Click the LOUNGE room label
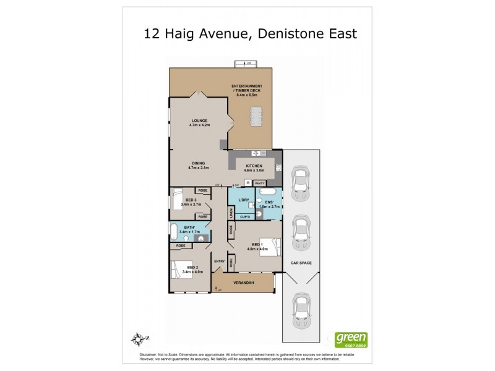[x=199, y=121]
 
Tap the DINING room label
[x=199, y=163]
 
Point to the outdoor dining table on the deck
[x=256, y=116]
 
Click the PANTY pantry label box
[x=260, y=182]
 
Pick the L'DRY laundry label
[x=244, y=199]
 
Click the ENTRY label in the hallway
[x=219, y=261]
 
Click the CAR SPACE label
[x=301, y=263]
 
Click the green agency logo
[x=351, y=339]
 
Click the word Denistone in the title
[x=285, y=33]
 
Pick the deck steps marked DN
[x=247, y=64]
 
